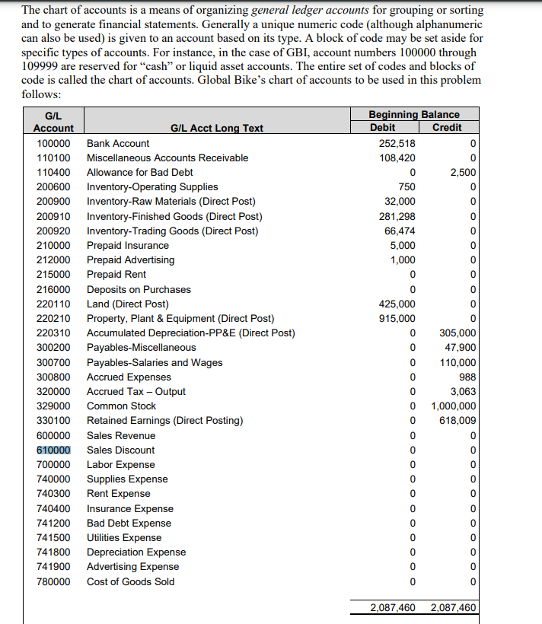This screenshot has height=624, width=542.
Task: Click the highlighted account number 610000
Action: pyautogui.click(x=53, y=450)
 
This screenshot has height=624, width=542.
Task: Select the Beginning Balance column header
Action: pyautogui.click(x=413, y=114)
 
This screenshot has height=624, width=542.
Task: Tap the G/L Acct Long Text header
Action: pyautogui.click(x=216, y=128)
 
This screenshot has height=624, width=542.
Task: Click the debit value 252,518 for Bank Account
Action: pyautogui.click(x=397, y=143)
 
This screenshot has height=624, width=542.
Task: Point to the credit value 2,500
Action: pyautogui.click(x=463, y=172)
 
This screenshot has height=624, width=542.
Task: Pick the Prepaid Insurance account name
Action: pyautogui.click(x=128, y=245)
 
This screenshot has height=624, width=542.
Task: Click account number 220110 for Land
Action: pyautogui.click(x=53, y=304)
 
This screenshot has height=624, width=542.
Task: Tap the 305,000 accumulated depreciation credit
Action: pyautogui.click(x=458, y=333)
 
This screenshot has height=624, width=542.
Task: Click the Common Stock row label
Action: pyautogui.click(x=121, y=406)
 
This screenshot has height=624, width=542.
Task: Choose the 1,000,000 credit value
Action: pyautogui.click(x=454, y=406)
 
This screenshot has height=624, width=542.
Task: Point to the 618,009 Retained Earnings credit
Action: pyautogui.click(x=458, y=420)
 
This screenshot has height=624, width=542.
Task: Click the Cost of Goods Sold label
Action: pyautogui.click(x=130, y=581)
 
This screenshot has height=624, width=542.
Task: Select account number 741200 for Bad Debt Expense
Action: pyautogui.click(x=53, y=523)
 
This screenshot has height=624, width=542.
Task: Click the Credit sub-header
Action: pyautogui.click(x=447, y=127)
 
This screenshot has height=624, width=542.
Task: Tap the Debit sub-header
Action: pyautogui.click(x=382, y=127)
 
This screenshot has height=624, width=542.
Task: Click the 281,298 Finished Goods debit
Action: pyautogui.click(x=397, y=216)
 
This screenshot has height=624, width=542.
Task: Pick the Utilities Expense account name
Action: pyautogui.click(x=124, y=537)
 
